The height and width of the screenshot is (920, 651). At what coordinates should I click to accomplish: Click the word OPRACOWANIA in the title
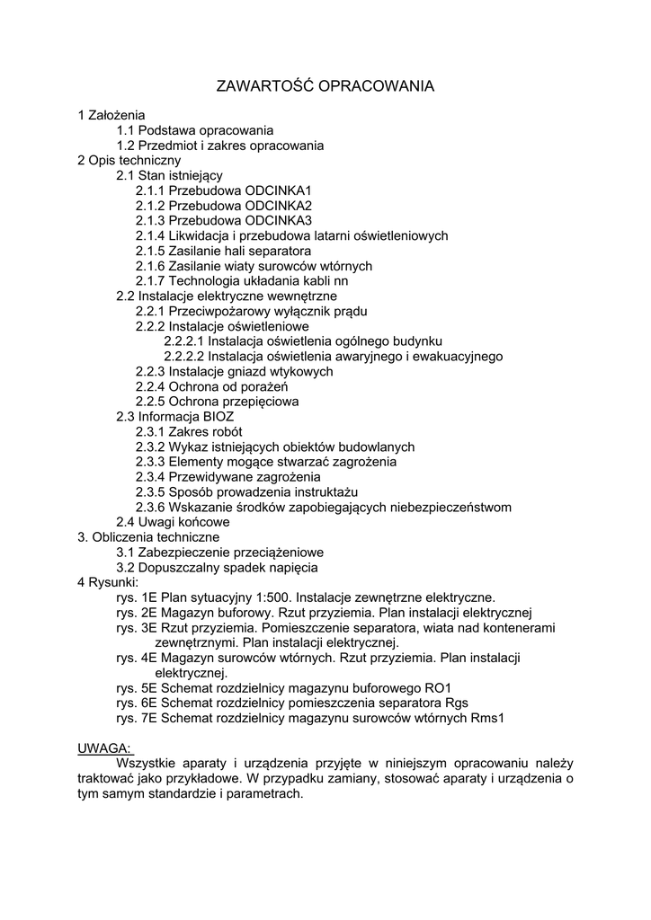pyautogui.click(x=377, y=86)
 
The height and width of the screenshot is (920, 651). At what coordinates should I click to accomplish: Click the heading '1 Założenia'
pyautogui.click(x=111, y=115)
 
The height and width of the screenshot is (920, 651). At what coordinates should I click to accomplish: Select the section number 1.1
pyautogui.click(x=126, y=130)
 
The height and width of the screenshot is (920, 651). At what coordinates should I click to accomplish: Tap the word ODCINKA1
pyautogui.click(x=278, y=191)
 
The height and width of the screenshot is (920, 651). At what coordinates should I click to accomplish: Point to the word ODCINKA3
pyautogui.click(x=278, y=221)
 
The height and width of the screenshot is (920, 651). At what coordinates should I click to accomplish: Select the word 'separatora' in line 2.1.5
pyautogui.click(x=281, y=251)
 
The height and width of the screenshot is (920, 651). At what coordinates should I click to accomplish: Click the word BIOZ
pyautogui.click(x=215, y=417)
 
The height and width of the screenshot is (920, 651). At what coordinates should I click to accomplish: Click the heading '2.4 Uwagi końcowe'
pyautogui.click(x=173, y=522)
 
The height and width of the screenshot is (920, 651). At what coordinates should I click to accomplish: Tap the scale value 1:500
pyautogui.click(x=271, y=597)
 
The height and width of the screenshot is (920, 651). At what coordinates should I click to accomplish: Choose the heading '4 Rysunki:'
pyautogui.click(x=108, y=582)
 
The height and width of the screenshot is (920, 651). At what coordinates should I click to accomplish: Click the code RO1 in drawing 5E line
pyautogui.click(x=438, y=688)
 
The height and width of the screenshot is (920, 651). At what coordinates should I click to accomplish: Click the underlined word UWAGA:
pyautogui.click(x=104, y=748)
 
